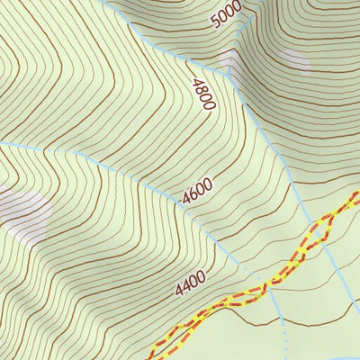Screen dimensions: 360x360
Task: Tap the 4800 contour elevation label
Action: tap(202, 94)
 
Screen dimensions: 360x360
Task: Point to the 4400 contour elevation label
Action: tap(190, 284)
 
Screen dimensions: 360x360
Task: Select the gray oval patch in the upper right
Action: tap(294, 60)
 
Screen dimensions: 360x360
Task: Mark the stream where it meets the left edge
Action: tap(3, 141)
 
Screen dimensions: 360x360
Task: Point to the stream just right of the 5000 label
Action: tap(245, 27)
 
